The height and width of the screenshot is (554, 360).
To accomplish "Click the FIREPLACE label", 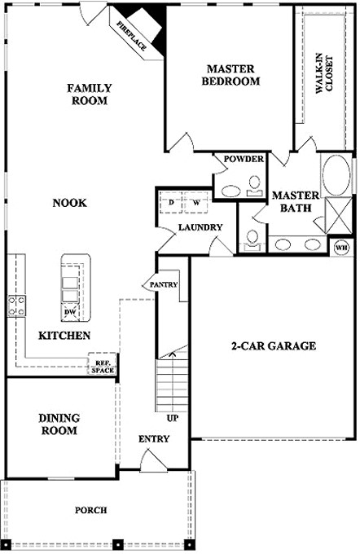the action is (131, 36).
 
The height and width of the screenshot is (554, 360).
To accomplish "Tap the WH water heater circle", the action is (341, 248).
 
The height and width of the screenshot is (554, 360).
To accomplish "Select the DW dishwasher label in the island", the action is (69, 312).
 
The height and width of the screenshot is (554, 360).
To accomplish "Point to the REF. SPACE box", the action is (103, 363).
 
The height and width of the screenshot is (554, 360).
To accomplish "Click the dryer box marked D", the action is (171, 202).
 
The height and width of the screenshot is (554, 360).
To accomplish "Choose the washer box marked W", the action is (196, 202).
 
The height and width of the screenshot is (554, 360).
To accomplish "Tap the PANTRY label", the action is (163, 284).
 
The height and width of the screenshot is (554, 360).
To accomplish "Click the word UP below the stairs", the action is (173, 418).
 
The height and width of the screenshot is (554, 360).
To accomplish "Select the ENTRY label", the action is (154, 439).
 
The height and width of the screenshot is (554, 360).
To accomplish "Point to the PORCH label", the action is (90, 510).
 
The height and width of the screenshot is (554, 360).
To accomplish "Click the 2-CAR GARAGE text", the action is (274, 345).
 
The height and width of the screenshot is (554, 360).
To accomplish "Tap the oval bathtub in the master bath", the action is (336, 174).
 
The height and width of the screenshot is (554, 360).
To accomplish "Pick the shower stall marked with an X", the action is (338, 215).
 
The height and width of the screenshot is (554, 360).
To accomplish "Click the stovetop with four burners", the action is (17, 306).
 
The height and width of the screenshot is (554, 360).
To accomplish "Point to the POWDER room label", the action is (244, 159).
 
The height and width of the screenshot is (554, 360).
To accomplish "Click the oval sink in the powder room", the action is (230, 191).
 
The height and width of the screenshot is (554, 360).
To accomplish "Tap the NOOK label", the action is (69, 203).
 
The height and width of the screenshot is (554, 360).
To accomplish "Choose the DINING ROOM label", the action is (59, 424).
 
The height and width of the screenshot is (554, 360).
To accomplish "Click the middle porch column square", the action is (118, 543).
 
